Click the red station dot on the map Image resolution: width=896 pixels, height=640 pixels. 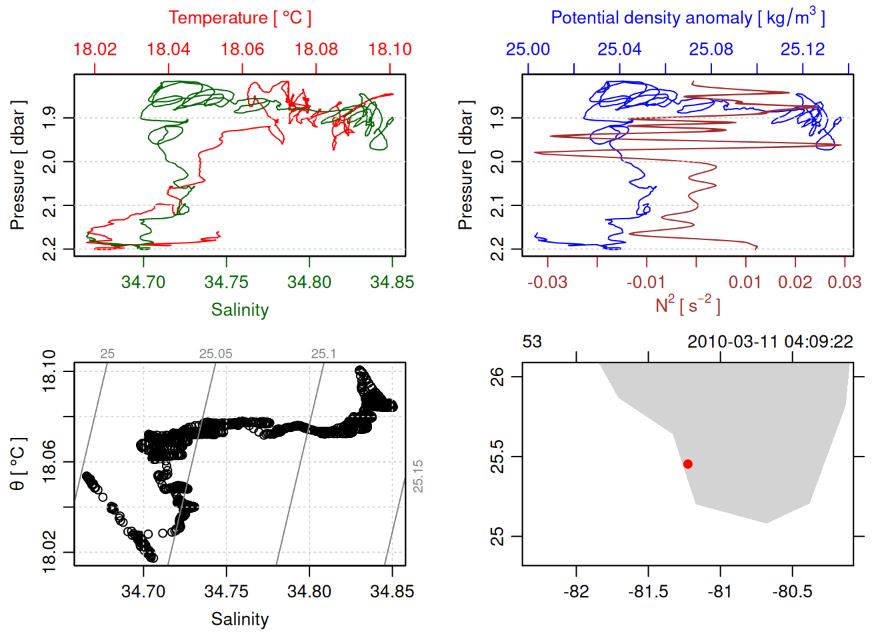click(x=687, y=464)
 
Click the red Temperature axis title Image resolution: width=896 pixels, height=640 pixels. click(x=239, y=18)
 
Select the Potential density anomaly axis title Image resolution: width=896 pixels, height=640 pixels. click(x=687, y=17)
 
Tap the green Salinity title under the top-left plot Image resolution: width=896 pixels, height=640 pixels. click(x=239, y=310)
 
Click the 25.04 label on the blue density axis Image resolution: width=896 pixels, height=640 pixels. click(x=619, y=49)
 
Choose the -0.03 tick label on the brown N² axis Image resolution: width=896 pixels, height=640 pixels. click(x=547, y=282)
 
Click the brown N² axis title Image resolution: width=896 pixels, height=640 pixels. click(x=687, y=305)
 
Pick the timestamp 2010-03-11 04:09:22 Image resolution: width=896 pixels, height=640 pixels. click(x=770, y=342)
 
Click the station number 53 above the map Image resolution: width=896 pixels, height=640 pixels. click(x=532, y=342)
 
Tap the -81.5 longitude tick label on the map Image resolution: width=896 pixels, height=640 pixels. click(x=648, y=591)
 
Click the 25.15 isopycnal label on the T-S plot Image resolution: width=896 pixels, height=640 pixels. click(x=418, y=476)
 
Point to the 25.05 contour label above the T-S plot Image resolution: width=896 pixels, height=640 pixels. click(x=215, y=354)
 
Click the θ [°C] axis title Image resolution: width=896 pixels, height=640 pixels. click(x=18, y=463)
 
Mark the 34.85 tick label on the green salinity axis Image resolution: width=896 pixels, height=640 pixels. click(x=392, y=282)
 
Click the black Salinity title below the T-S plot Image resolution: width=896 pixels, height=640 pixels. click(x=239, y=619)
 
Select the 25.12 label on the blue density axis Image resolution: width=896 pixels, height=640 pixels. click(x=803, y=49)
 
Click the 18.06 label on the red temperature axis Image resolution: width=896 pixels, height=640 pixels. click(x=242, y=49)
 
